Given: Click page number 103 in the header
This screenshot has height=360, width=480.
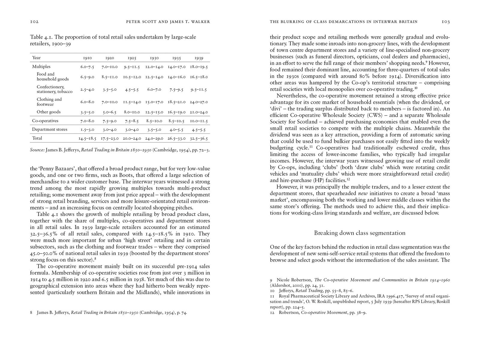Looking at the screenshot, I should [x=445, y=22].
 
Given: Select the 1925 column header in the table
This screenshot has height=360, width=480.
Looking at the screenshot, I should [x=132, y=58].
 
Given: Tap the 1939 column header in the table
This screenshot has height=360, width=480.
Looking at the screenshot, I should [x=199, y=58].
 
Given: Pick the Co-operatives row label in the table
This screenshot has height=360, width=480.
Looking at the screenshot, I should [x=45, y=121].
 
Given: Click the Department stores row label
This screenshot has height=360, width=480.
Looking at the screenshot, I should [x=50, y=129].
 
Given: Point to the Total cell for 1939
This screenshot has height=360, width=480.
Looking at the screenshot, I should [x=199, y=138].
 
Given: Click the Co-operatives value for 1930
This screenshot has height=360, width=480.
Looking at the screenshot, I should [x=154, y=121].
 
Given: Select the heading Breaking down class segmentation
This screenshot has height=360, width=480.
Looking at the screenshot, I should [x=360, y=233].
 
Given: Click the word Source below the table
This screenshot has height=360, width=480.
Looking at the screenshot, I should [x=37, y=150].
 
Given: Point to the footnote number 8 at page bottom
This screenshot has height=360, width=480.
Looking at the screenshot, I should [x=31, y=313].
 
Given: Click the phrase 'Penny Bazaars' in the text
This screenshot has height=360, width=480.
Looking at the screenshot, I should [x=53, y=169].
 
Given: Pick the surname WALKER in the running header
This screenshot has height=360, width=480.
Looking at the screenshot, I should [x=200, y=22].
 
